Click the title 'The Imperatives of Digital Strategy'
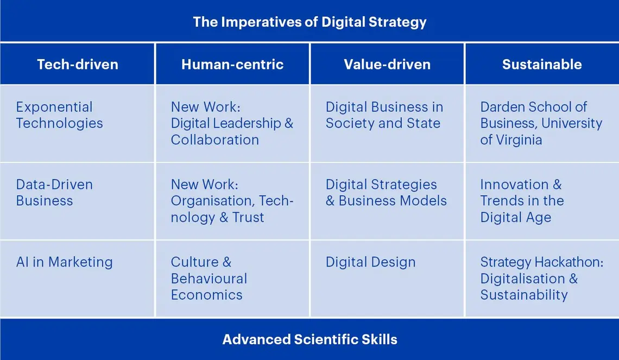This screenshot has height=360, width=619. click(309, 22)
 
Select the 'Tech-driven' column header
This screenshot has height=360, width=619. click(78, 65)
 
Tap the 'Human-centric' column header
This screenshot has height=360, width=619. click(232, 65)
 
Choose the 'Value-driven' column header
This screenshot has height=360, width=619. click(387, 65)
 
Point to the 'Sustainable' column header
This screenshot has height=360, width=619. click(542, 65)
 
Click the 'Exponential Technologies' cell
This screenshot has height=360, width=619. click(59, 115)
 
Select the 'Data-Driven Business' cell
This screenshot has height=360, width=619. click(54, 192)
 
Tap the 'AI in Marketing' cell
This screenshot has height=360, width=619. click(65, 262)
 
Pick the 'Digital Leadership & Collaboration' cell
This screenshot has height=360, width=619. click(232, 123)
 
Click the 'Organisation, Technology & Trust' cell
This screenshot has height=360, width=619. click(232, 201)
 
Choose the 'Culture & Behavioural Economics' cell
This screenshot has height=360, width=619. click(209, 279)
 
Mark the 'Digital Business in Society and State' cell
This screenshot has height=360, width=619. click(384, 115)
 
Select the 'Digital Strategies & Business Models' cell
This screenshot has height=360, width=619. click(386, 192)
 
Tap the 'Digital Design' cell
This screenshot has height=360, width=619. click(370, 262)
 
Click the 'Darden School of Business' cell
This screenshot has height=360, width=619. click(541, 123)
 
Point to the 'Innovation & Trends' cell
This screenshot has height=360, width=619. click(522, 201)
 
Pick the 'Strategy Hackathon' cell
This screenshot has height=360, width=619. click(541, 279)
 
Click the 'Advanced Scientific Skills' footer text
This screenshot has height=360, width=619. click(309, 340)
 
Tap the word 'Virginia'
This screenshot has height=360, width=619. click(518, 140)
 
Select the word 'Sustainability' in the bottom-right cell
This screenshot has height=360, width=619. click(524, 295)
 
